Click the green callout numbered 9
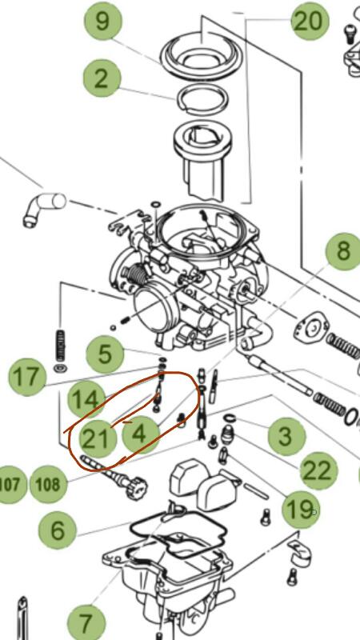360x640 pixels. pyautogui.click(x=103, y=22)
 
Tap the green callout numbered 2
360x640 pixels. pyautogui.click(x=102, y=78)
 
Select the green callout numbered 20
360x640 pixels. pyautogui.click(x=310, y=22)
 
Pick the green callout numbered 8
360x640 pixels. pyautogui.click(x=344, y=251)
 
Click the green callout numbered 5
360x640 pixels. pyautogui.click(x=105, y=354)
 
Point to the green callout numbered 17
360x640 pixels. pyautogui.click(x=27, y=377)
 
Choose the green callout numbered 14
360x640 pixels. pyautogui.click(x=86, y=400)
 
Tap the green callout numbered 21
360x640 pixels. pyautogui.click(x=95, y=438)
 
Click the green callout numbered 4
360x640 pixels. pyautogui.click(x=140, y=434)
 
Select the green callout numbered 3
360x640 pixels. pyautogui.click(x=286, y=436)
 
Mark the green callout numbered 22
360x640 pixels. pyautogui.click(x=318, y=470)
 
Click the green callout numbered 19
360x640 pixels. pyautogui.click(x=301, y=510)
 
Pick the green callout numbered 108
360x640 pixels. pyautogui.click(x=48, y=485)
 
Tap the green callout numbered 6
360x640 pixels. pyautogui.click(x=58, y=530)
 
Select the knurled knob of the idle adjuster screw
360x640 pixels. pyautogui.click(x=136, y=488)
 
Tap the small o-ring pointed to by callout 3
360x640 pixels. pyautogui.click(x=230, y=418)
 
